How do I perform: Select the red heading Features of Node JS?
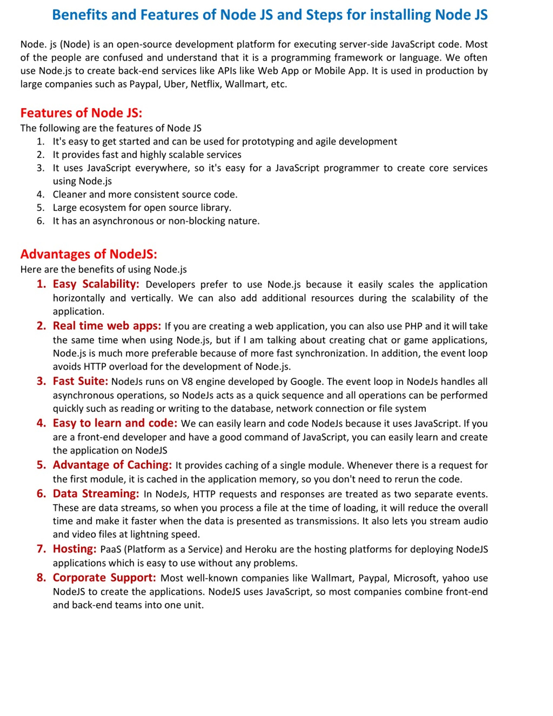tap(81, 113)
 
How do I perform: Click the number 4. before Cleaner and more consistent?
tap(41, 195)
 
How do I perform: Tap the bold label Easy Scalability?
tap(96, 284)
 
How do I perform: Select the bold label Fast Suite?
tap(80, 381)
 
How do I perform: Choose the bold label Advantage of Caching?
tap(112, 465)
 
